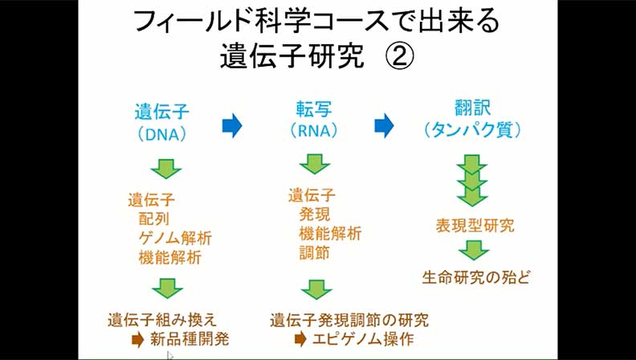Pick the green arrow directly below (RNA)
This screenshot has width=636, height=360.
click(x=316, y=166)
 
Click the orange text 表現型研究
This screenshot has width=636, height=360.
click(x=475, y=226)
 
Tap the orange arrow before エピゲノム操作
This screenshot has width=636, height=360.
click(x=300, y=338)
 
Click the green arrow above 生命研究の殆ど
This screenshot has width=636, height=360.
click(x=473, y=250)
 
